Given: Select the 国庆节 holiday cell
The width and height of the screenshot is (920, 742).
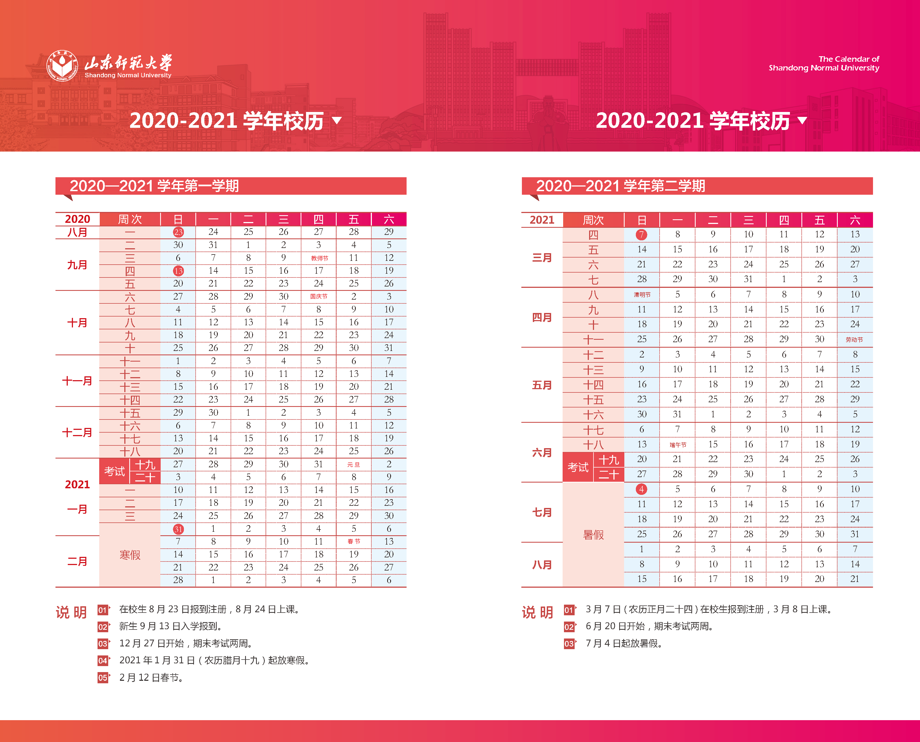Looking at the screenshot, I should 319,297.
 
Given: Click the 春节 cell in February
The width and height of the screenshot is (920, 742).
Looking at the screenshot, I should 354,542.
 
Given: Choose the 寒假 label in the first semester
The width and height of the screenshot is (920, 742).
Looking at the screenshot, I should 130,555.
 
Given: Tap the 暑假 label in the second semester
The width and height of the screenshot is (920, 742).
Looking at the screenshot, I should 593,535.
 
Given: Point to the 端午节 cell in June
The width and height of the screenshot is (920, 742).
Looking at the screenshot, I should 677,445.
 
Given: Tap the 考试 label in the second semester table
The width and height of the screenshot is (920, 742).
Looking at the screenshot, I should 578,467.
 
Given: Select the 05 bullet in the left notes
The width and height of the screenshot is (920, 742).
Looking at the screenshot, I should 103,678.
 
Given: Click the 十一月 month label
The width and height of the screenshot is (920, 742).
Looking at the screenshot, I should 77,381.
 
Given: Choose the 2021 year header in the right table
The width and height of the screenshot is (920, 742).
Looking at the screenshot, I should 542,220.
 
